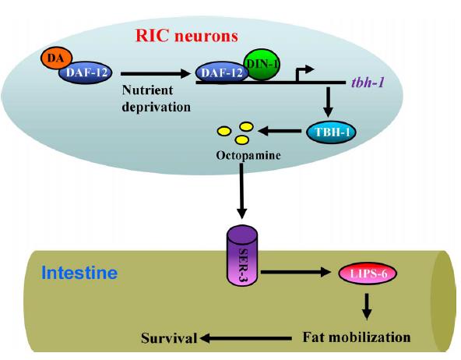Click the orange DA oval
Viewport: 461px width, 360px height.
[x=56, y=58]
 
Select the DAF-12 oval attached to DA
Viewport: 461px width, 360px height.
[x=86, y=72]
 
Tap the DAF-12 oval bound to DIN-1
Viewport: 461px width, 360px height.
[x=220, y=72]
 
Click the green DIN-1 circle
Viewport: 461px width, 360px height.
[x=262, y=65]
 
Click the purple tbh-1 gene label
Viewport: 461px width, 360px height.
[x=368, y=83]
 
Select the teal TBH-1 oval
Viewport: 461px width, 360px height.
[x=331, y=132]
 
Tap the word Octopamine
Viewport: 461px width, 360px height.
[x=248, y=155]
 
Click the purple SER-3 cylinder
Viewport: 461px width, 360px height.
[x=242, y=256]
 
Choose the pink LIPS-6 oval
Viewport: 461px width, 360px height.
[x=368, y=274]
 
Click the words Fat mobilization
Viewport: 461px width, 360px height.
[x=357, y=337]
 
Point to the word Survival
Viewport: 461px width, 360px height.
[x=169, y=338]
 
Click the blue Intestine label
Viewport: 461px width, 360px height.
[x=79, y=273]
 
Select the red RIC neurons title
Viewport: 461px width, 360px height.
[x=187, y=36]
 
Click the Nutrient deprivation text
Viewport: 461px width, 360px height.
[x=156, y=98]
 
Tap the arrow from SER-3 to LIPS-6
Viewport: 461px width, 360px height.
[x=296, y=272]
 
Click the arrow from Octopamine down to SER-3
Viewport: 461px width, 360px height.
[x=241, y=191]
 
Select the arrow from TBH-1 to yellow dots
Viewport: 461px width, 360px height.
[x=280, y=131]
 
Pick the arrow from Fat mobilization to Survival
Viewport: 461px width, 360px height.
[x=246, y=338]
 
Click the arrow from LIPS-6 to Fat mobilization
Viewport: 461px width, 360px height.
[x=366, y=306]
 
